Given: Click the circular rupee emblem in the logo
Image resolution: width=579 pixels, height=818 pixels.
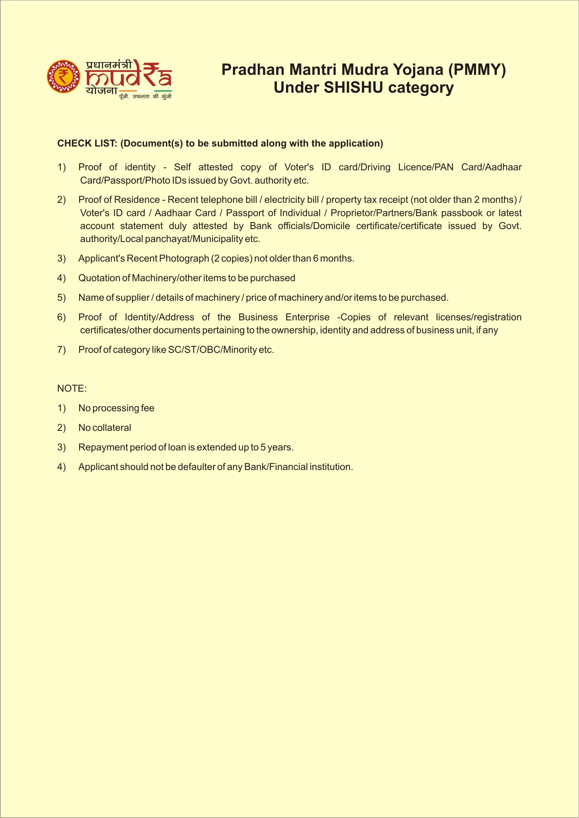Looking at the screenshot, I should [63, 77].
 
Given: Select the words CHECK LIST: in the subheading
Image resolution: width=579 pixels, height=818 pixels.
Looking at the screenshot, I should [87, 143].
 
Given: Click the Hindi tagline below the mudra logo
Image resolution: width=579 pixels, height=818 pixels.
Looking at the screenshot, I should [145, 97].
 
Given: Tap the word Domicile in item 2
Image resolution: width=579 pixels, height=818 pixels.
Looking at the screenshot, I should [333, 226].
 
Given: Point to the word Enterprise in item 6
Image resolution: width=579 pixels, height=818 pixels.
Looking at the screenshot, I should [307, 317].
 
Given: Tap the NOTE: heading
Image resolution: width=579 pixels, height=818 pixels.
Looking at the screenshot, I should [72, 388].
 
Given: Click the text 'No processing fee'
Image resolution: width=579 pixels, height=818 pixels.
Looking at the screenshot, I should [116, 408].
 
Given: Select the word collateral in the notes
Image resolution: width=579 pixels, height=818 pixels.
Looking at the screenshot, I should [112, 427].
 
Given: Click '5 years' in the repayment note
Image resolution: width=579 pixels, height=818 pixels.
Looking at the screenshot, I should [276, 447].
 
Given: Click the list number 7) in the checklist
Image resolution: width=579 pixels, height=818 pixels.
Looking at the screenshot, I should [61, 350].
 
